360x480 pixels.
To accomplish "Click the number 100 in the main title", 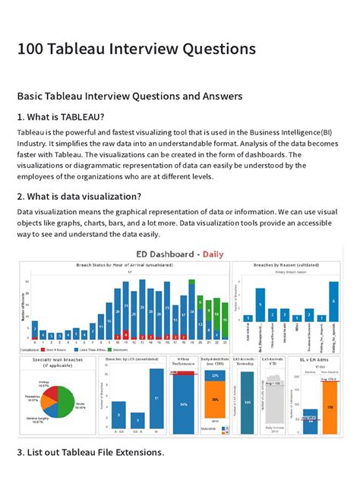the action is click(x=31, y=49).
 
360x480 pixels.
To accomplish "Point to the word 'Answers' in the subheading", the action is click(x=220, y=96).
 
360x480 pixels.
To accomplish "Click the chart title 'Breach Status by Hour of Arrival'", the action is click(x=125, y=264).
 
